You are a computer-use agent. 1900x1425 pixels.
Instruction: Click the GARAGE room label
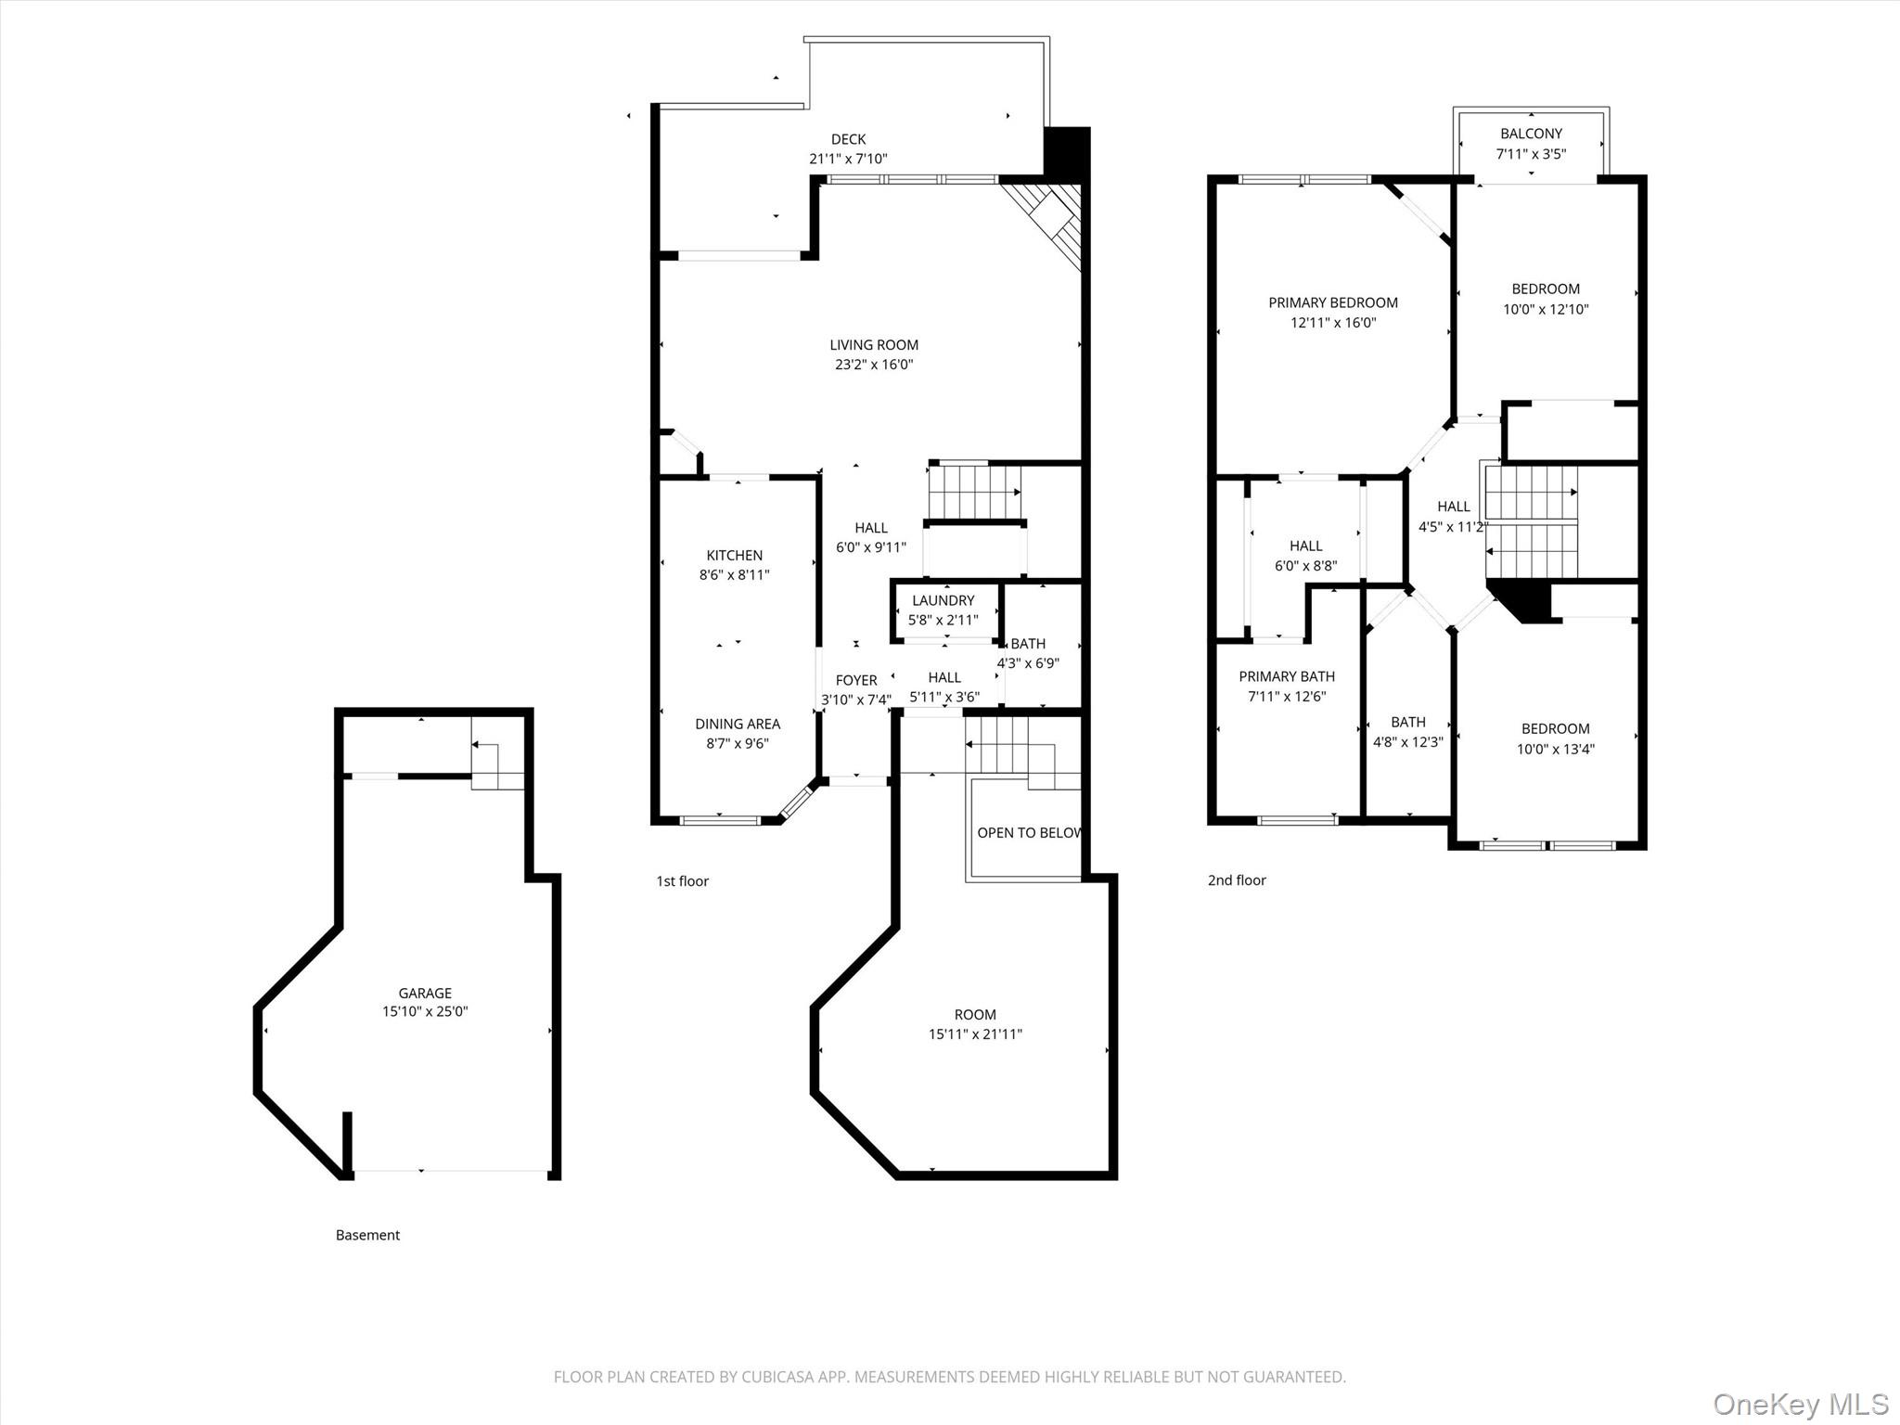[425, 993]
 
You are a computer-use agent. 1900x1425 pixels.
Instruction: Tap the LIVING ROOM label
[874, 345]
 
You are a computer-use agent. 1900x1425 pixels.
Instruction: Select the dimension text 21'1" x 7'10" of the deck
[848, 159]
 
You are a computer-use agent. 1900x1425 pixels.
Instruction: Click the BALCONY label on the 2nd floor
[1531, 134]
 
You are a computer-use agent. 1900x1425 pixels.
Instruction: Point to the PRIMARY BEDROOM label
[1332, 302]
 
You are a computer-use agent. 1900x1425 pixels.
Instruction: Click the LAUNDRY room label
[943, 600]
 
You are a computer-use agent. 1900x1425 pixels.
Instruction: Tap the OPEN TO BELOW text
[1028, 832]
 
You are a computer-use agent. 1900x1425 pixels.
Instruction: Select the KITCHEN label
[734, 555]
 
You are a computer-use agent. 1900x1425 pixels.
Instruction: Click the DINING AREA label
[738, 724]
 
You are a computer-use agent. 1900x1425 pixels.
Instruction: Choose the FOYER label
[855, 680]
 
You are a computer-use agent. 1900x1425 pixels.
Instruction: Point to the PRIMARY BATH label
[1286, 676]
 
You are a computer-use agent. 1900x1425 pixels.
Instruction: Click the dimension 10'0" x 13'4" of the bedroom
[1555, 749]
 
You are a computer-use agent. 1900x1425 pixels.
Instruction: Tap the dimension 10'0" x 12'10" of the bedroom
[1546, 309]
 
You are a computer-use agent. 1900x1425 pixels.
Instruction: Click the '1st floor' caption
[682, 880]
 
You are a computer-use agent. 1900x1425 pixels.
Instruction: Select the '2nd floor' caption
[1236, 879]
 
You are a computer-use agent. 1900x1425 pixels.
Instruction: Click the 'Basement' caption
[367, 1235]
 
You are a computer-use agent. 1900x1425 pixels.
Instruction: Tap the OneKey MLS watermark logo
[1800, 1404]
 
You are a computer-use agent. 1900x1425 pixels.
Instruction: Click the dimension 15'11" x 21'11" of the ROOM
[975, 1033]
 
